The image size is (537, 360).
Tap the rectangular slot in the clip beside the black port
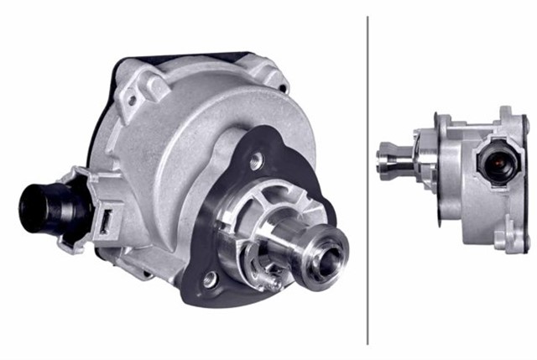click(107, 222)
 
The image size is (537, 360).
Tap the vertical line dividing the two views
click(368, 180)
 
